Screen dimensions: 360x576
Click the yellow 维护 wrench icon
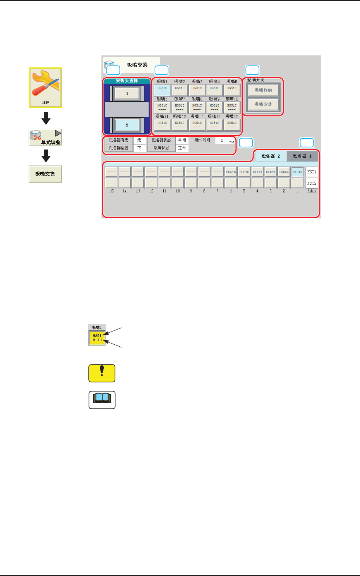coord(46,87)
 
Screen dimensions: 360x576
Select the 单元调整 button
coord(45,138)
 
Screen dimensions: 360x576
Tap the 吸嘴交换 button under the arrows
coord(45,174)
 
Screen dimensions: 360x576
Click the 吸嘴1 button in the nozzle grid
coord(162,90)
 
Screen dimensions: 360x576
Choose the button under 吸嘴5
coord(231,90)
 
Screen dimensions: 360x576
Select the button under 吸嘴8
coord(197,107)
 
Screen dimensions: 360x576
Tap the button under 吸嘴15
coord(231,125)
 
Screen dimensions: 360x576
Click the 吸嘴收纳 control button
coord(263,90)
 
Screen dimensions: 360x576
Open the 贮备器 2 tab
coord(271,156)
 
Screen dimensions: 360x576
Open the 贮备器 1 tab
coord(302,156)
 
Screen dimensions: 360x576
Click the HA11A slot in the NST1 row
coord(257,172)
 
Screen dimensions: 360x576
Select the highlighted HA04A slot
coord(297,172)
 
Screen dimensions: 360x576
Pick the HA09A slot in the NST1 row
coord(271,172)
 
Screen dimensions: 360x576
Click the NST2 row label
coord(312,183)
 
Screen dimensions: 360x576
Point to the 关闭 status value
coord(182,140)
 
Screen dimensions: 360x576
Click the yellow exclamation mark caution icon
coord(102,373)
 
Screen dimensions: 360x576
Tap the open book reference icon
coord(102,400)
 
